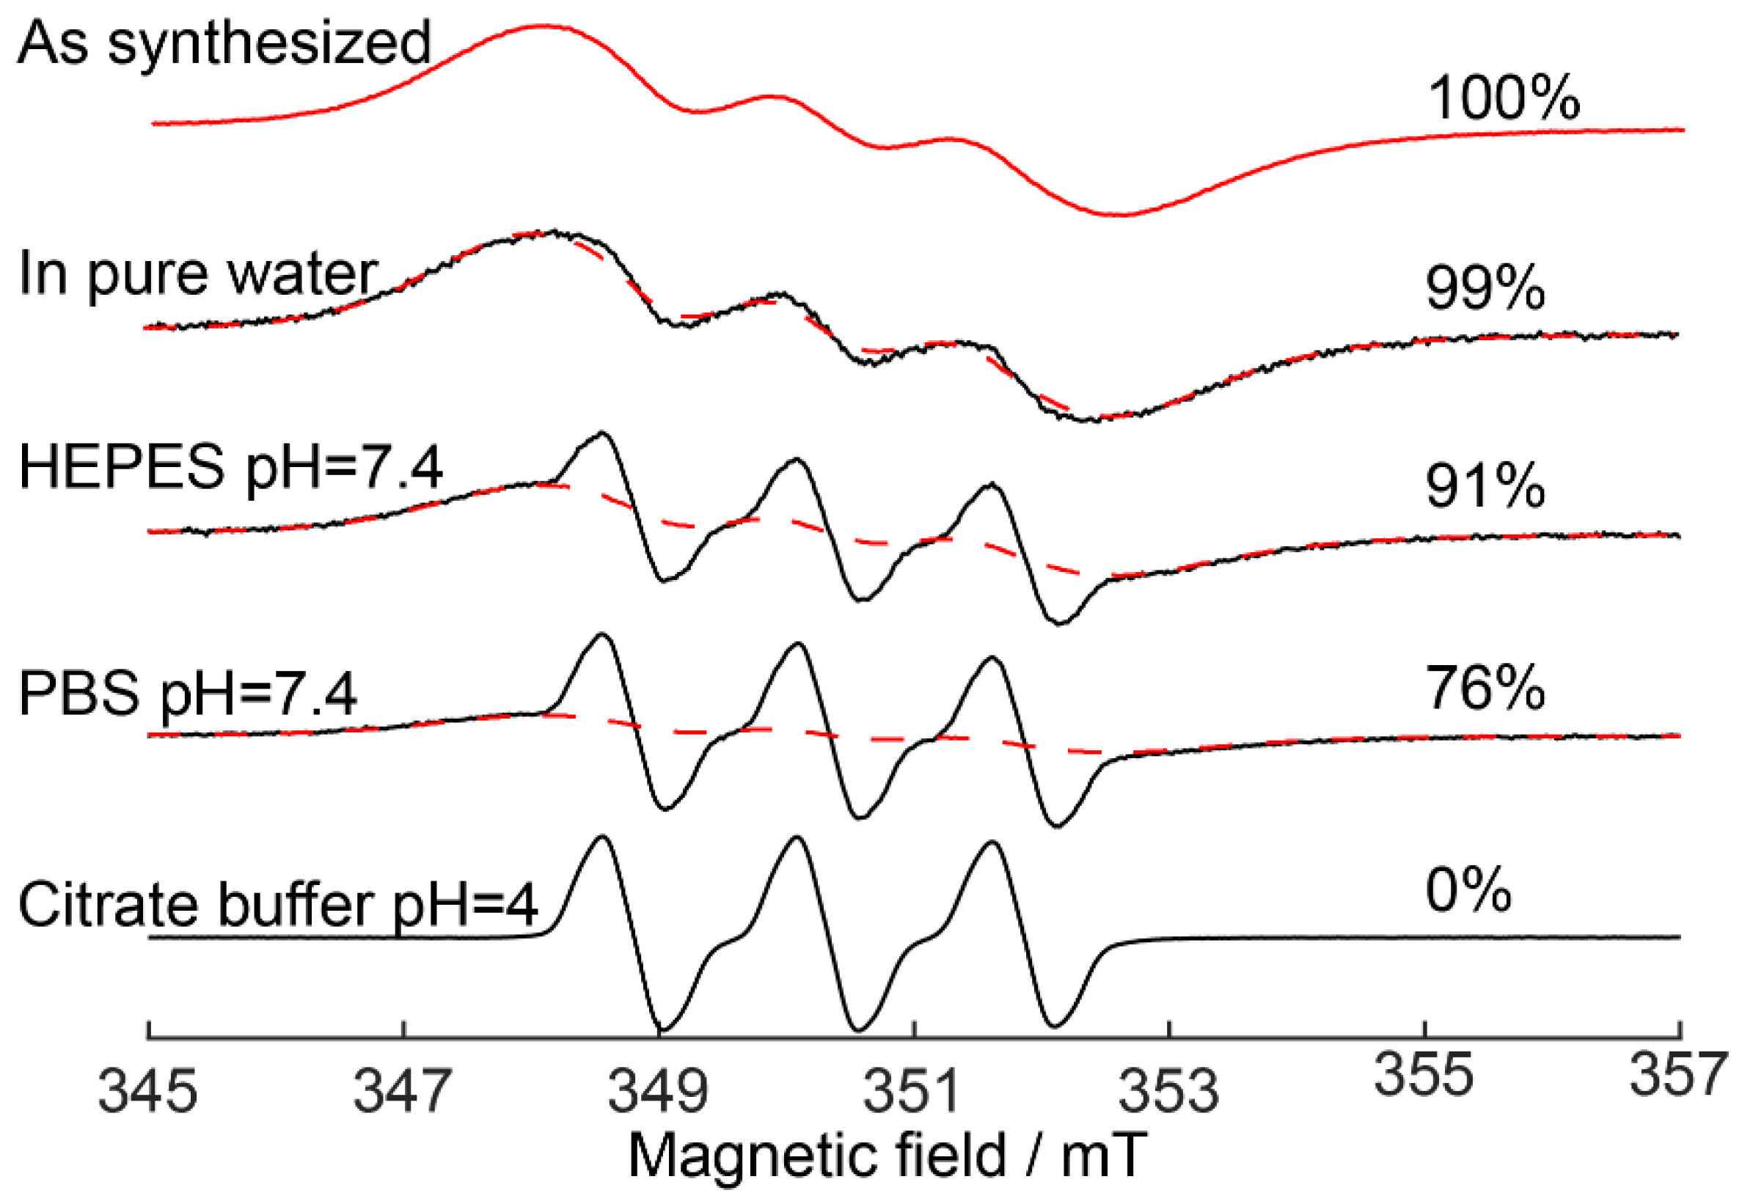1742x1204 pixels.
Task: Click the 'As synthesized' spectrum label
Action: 224,44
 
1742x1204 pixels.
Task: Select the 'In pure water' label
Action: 197,274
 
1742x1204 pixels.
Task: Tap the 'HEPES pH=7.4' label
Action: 230,468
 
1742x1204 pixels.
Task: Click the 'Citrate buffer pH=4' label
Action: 278,905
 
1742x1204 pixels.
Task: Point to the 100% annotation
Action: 1503,98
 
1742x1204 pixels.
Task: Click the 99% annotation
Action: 1484,288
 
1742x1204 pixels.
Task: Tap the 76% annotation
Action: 1484,688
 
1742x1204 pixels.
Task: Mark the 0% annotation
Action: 1468,891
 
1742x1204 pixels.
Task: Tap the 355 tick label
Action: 1424,1074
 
